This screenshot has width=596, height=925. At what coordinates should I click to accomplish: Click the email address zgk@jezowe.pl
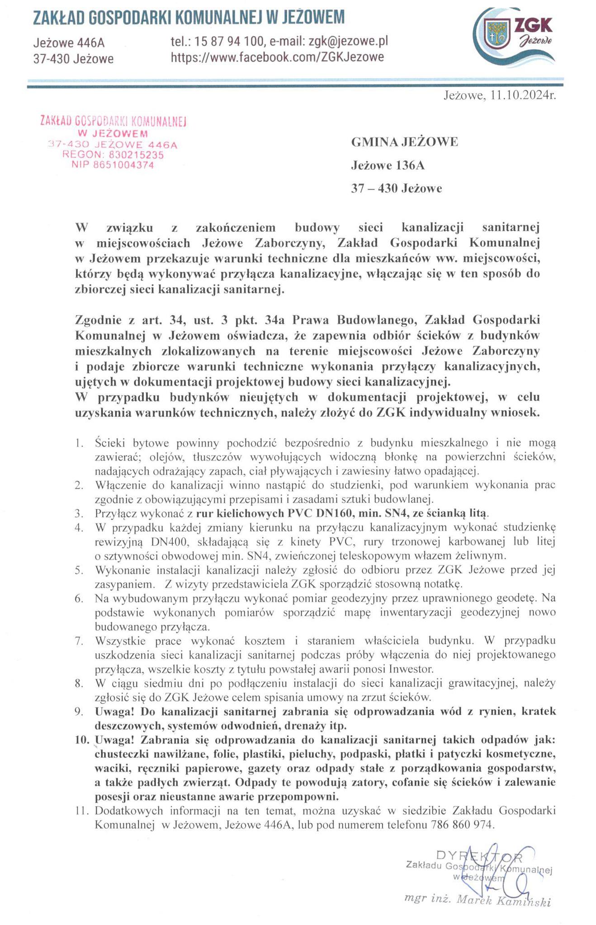click(348, 42)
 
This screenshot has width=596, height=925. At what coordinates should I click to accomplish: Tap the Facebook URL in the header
click(277, 57)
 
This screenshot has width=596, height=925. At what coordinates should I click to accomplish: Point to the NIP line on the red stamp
click(113, 165)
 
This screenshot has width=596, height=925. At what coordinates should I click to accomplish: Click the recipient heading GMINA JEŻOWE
click(405, 142)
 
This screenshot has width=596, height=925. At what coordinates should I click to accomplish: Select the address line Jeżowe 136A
click(388, 166)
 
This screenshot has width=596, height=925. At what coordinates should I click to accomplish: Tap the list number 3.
click(80, 514)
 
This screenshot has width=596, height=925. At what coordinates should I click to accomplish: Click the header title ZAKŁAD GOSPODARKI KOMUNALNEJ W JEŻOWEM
click(189, 18)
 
